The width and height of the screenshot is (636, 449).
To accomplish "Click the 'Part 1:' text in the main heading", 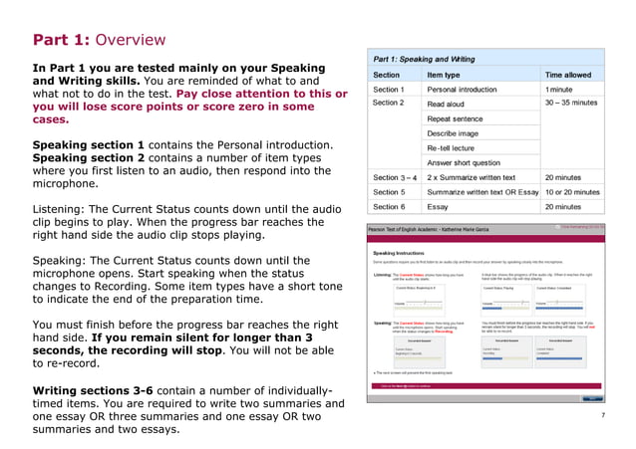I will coord(63,40).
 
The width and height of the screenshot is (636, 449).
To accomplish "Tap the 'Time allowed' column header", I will coord(567,75).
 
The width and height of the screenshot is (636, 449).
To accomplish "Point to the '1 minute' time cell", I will coord(559,90).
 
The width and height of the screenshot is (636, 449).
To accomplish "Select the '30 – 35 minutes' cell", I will coord(571,103).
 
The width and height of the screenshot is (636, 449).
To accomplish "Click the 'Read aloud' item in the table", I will coord(446,104).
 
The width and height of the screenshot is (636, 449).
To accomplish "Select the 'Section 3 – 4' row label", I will coord(394,177).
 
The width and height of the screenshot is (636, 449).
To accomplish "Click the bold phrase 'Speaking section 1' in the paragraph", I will coord(89,144).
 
